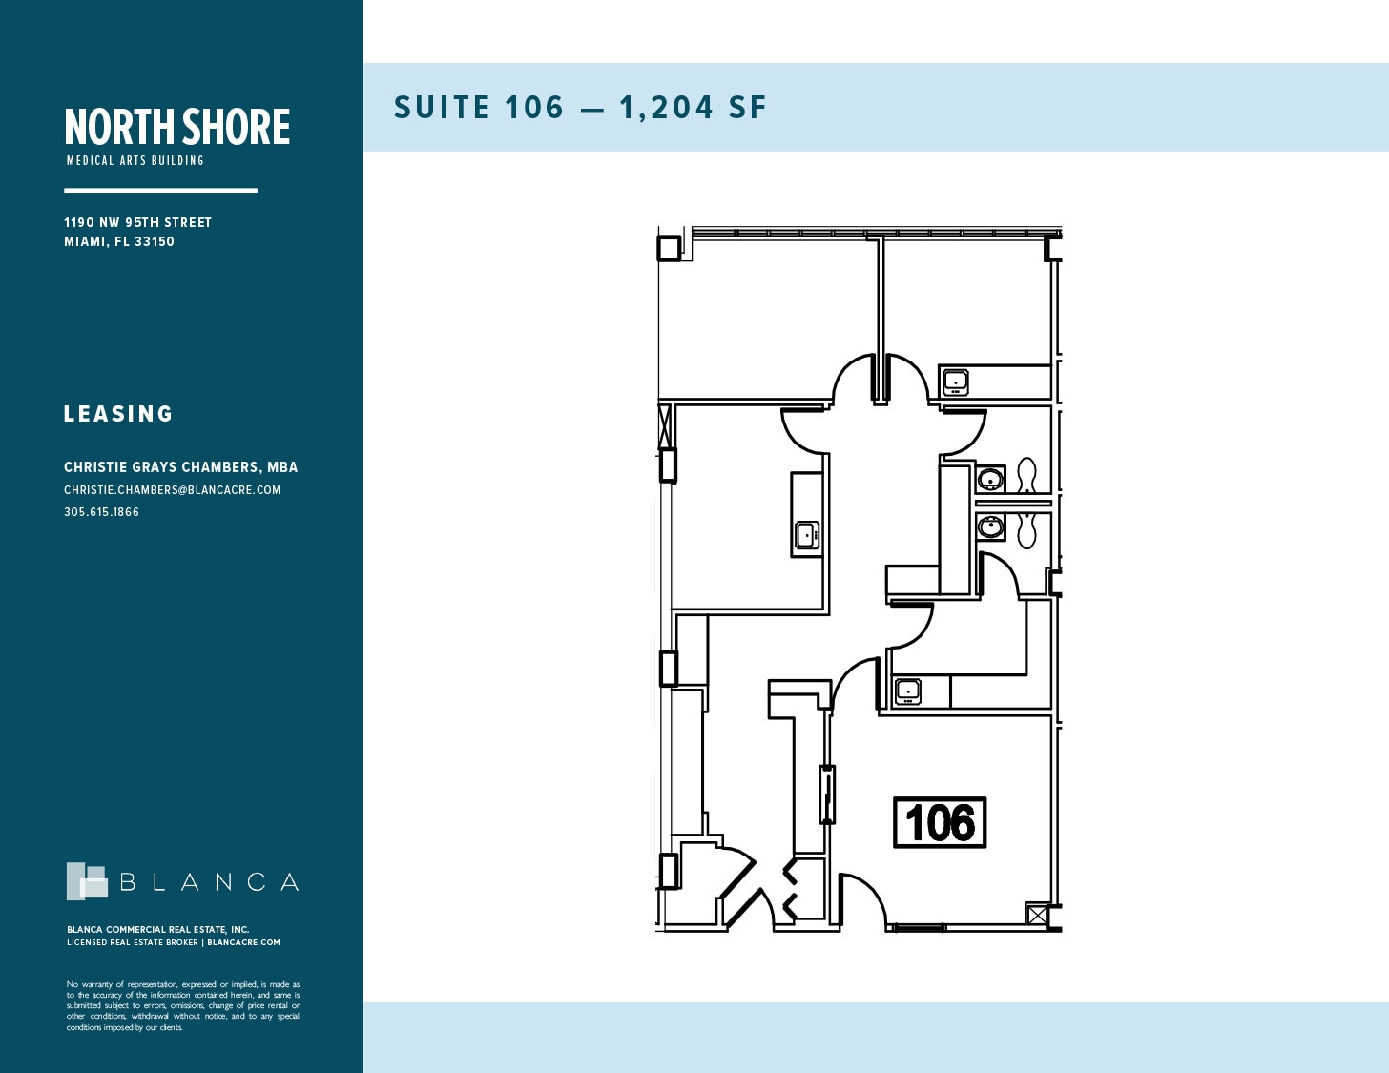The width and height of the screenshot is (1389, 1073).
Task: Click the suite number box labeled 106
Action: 940,822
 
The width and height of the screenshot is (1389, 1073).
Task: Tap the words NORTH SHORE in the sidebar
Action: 177,127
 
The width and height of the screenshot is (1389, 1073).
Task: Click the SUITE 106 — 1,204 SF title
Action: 580,108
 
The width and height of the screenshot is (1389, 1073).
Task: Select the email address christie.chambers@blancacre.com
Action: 173,490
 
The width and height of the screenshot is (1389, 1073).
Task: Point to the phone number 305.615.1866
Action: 101,512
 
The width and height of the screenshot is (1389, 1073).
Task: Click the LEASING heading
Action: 118,414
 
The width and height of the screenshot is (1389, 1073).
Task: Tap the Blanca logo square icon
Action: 87,881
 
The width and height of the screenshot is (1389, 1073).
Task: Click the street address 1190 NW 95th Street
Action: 137,222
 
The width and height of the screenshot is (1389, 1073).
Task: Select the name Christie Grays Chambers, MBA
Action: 180,467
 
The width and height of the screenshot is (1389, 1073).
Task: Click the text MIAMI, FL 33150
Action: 119,241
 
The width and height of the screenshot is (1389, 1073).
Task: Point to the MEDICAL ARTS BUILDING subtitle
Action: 135,160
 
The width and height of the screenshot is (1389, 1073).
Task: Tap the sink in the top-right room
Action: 955,382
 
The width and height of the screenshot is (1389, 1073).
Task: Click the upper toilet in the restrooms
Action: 1026,475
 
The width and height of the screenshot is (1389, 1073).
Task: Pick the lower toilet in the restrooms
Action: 1026,528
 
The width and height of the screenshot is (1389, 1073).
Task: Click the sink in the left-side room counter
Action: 807,535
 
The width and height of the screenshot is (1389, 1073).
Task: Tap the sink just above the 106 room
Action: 907,691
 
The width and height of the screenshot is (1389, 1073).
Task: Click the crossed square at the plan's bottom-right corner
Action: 1037,916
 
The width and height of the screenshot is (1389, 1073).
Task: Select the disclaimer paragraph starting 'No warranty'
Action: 183,1005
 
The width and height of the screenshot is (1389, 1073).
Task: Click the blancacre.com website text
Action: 243,942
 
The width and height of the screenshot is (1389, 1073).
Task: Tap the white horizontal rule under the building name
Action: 160,191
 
